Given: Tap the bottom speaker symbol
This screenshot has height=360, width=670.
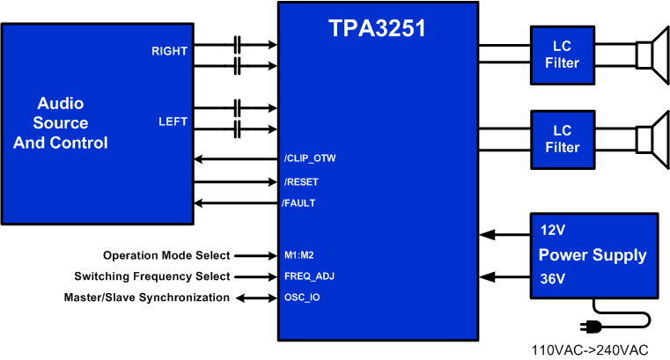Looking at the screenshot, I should pyautogui.click(x=652, y=139).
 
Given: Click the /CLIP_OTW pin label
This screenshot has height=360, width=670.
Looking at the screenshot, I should pyautogui.click(x=309, y=159).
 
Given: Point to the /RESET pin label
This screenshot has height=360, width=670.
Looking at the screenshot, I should pyautogui.click(x=301, y=182).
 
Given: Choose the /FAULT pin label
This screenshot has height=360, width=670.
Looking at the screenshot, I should pyautogui.click(x=298, y=203).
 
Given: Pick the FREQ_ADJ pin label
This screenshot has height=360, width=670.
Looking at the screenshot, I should pyautogui.click(x=309, y=276).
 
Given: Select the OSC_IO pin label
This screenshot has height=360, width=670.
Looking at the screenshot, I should pyautogui.click(x=302, y=298).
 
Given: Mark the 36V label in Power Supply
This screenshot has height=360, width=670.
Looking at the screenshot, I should pyautogui.click(x=552, y=281).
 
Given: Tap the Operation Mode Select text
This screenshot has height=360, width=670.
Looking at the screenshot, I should pyautogui.click(x=166, y=255).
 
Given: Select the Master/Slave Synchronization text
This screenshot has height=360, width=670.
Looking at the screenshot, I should pyautogui.click(x=147, y=298).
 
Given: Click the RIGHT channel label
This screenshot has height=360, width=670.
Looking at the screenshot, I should pyautogui.click(x=169, y=51).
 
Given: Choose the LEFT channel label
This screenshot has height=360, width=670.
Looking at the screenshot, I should pyautogui.click(x=173, y=121).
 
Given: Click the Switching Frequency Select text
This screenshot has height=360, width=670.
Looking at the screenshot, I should pyautogui.click(x=152, y=276).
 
